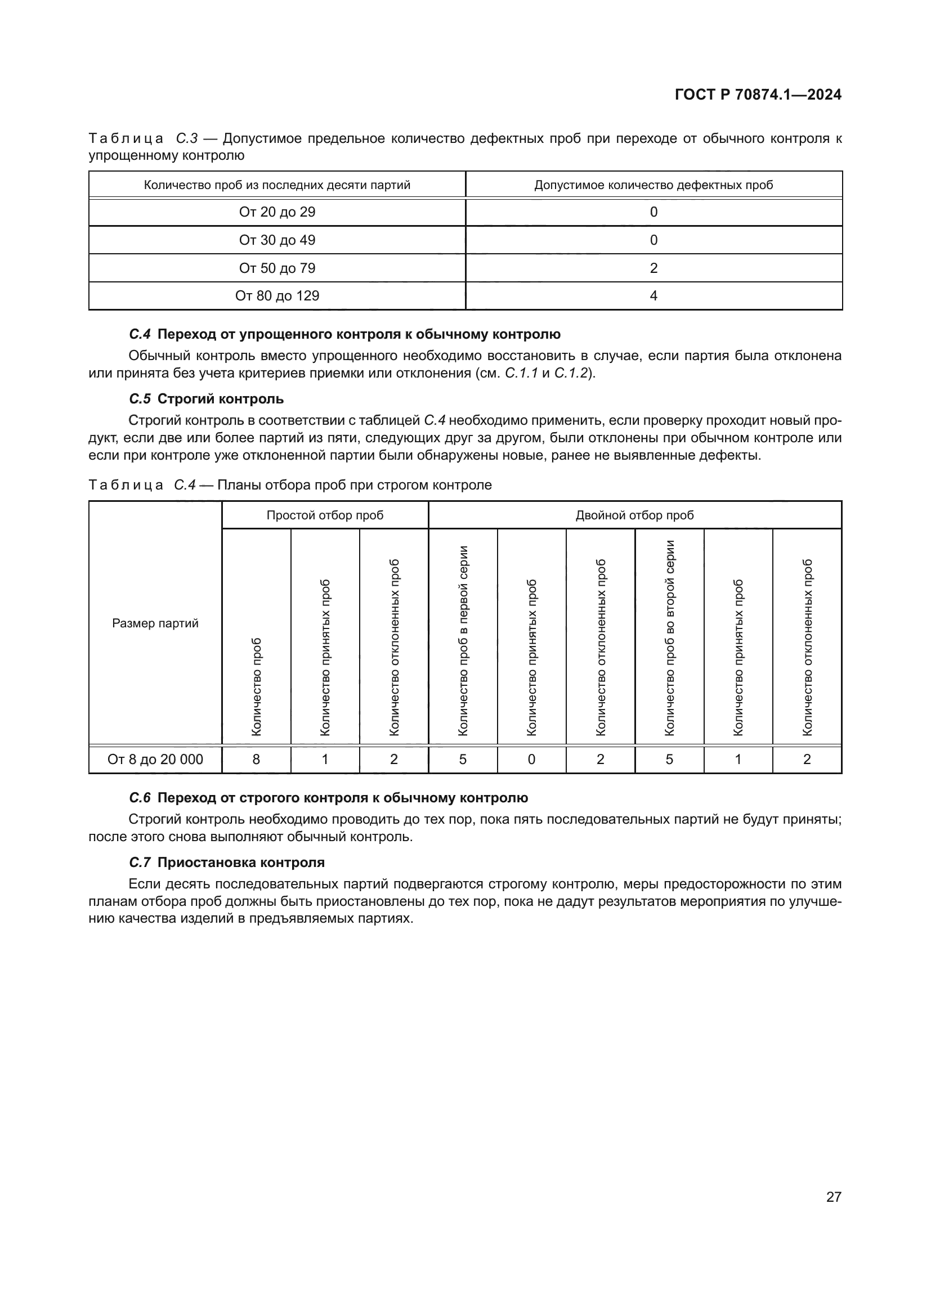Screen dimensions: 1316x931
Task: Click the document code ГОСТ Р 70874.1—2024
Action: pyautogui.click(x=757, y=95)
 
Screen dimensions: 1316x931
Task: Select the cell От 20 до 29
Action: pyautogui.click(x=277, y=212)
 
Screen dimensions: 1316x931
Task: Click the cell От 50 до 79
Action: pyautogui.click(x=277, y=268)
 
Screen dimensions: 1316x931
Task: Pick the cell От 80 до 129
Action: pyautogui.click(x=277, y=296)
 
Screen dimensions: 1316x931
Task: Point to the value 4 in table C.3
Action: pyautogui.click(x=654, y=296)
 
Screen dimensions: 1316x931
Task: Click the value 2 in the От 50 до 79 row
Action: pyautogui.click(x=654, y=268)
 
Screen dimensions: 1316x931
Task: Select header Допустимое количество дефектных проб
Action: pyautogui.click(x=654, y=185)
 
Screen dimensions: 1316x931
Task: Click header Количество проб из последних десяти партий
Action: pyautogui.click(x=277, y=185)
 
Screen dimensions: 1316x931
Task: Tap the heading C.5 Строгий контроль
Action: pyautogui.click(x=207, y=399)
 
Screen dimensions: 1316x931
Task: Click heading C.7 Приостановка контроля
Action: pyautogui.click(x=227, y=863)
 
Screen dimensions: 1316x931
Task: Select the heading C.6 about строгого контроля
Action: pyautogui.click(x=329, y=798)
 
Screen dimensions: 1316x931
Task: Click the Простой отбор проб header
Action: pyautogui.click(x=325, y=515)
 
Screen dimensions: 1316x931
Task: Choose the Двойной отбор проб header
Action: pyautogui.click(x=634, y=515)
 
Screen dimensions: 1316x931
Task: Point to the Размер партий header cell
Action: pyautogui.click(x=155, y=623)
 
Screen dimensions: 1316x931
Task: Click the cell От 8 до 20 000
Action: pyautogui.click(x=155, y=760)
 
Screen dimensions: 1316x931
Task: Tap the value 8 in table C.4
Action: pyautogui.click(x=256, y=760)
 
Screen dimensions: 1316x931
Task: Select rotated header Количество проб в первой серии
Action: pyautogui.click(x=463, y=640)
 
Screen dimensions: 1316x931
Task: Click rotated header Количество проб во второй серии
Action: pyautogui.click(x=670, y=637)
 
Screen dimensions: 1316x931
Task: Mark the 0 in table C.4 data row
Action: pyautogui.click(x=531, y=760)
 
